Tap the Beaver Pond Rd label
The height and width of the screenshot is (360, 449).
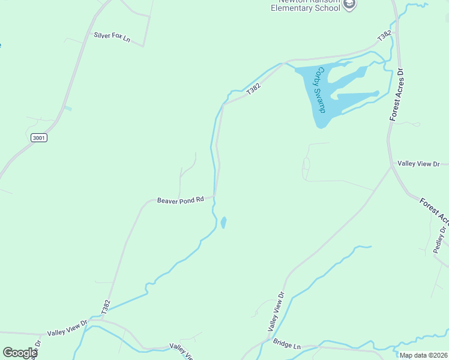click(x=180, y=200)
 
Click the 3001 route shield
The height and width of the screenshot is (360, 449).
click(x=39, y=138)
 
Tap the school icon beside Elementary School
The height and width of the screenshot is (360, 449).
click(x=350, y=4)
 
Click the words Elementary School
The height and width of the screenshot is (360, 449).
click(x=306, y=8)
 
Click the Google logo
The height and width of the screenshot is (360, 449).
click(x=20, y=353)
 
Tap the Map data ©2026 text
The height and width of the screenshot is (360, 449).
click(x=423, y=355)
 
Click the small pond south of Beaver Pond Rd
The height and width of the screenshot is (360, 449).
click(x=223, y=223)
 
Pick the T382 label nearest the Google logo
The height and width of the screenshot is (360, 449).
click(x=106, y=307)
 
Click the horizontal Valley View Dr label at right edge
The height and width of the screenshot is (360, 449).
click(x=418, y=164)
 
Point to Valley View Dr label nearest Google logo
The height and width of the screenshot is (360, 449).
click(x=67, y=327)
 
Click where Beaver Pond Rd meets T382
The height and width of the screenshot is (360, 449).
click(x=215, y=196)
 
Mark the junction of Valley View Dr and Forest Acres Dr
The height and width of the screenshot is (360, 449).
click(x=391, y=166)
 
